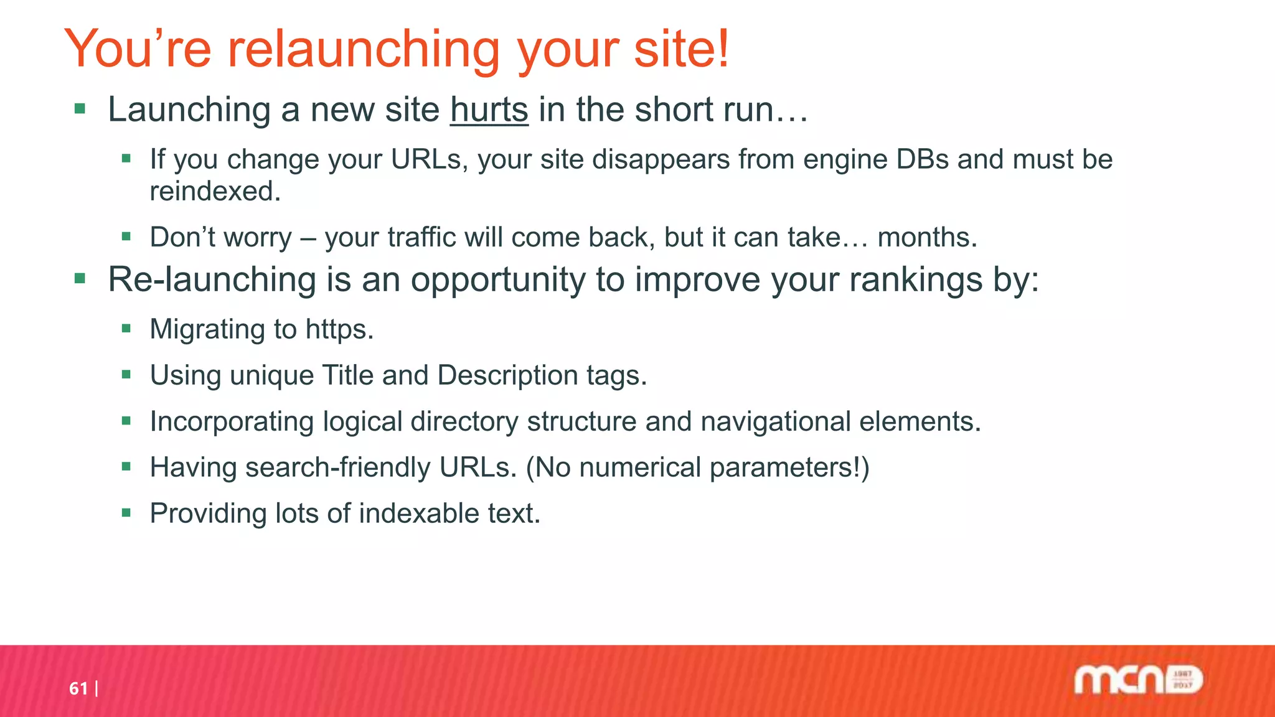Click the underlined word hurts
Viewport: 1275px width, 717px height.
point(489,110)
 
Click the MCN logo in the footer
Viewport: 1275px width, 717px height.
point(1138,680)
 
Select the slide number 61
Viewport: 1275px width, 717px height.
point(78,688)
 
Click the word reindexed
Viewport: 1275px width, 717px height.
point(215,192)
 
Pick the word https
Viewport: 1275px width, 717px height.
point(339,329)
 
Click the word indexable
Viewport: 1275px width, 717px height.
point(418,513)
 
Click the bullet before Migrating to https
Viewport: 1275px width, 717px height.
point(126,329)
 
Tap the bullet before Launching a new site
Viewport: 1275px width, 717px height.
point(80,110)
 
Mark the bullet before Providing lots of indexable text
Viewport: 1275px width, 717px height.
point(126,513)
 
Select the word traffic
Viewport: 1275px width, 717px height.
point(421,238)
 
